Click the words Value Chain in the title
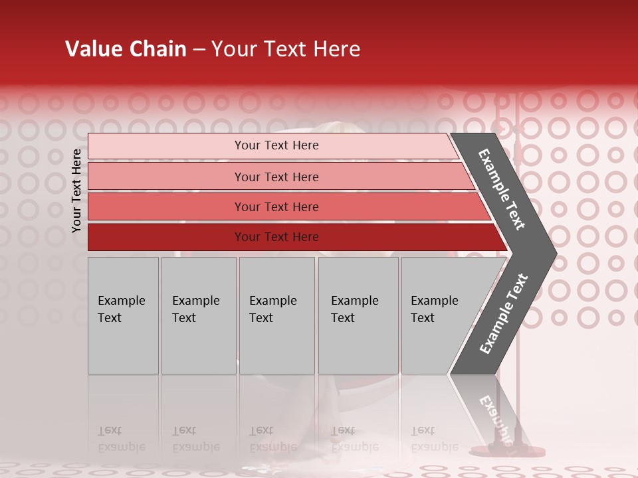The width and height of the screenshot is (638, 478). (x=126, y=49)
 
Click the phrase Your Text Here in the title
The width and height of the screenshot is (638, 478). (x=286, y=49)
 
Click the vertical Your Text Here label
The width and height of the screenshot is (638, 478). (x=76, y=191)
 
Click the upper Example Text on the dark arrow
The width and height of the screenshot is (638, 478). (x=502, y=189)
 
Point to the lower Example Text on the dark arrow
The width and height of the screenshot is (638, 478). (x=503, y=314)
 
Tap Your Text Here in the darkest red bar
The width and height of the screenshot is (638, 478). (x=276, y=237)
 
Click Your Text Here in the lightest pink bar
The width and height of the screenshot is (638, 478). (x=276, y=145)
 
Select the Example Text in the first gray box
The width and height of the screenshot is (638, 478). (x=121, y=309)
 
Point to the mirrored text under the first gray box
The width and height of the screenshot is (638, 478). (x=121, y=439)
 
